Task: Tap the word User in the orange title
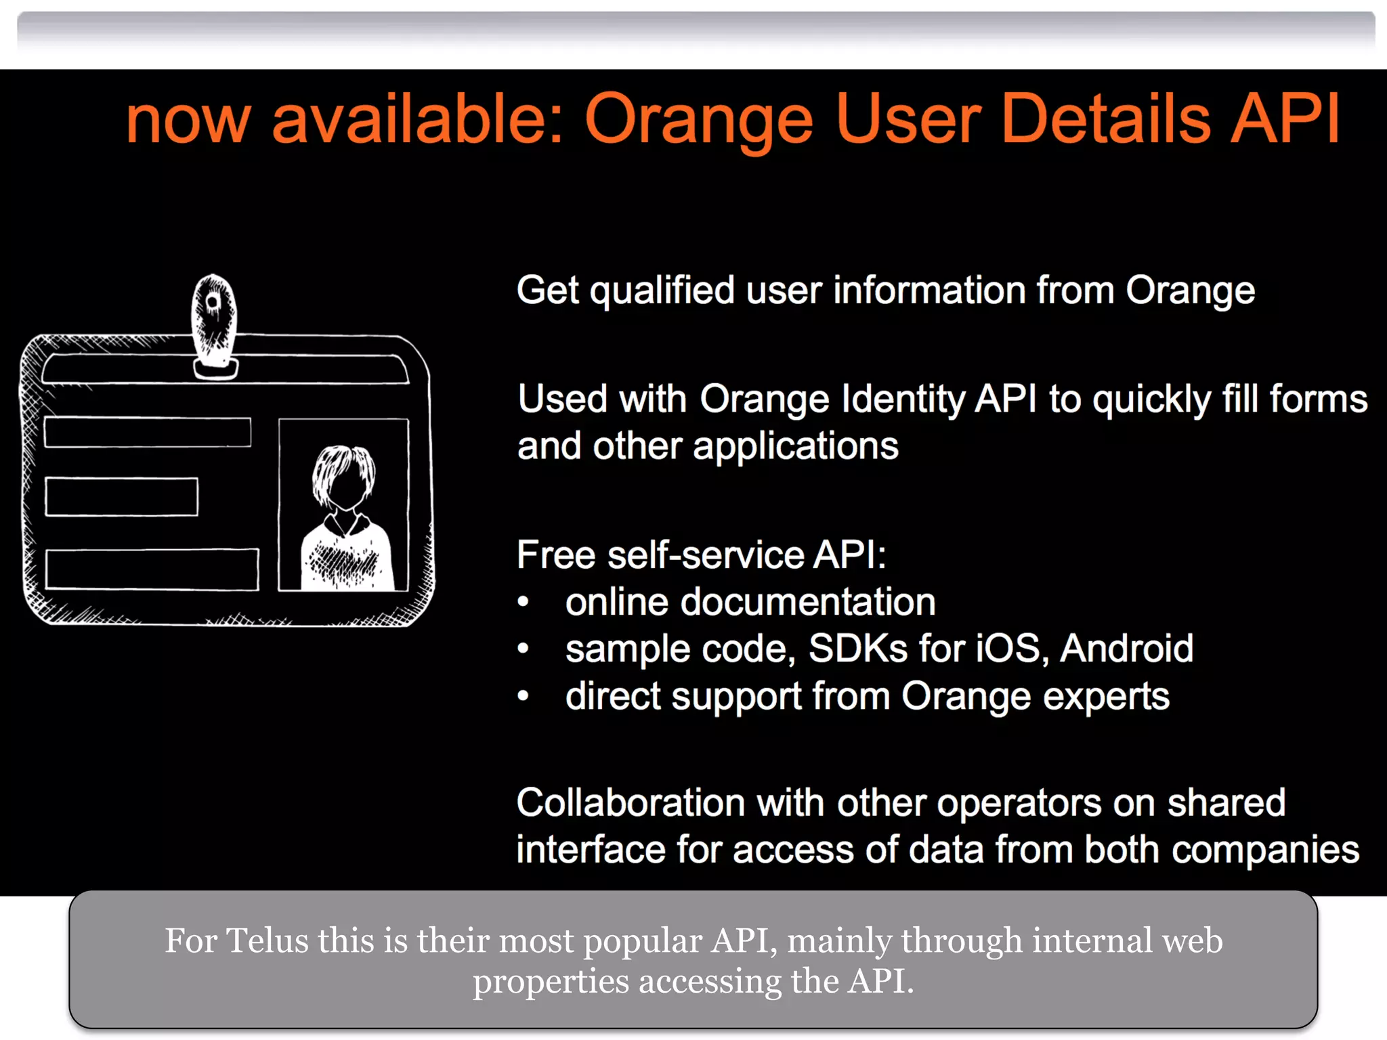coord(908,119)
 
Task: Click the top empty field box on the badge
coord(148,433)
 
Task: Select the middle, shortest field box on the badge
coord(122,497)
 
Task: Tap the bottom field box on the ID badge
coord(152,569)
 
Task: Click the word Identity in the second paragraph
coord(903,399)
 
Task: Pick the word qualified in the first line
coord(662,291)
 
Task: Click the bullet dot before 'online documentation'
coord(523,602)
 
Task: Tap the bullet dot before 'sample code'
coord(523,649)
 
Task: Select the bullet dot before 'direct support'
coord(523,696)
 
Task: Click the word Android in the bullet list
coord(1126,649)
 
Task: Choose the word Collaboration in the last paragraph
coord(631,803)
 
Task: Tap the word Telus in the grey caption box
coord(267,941)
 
